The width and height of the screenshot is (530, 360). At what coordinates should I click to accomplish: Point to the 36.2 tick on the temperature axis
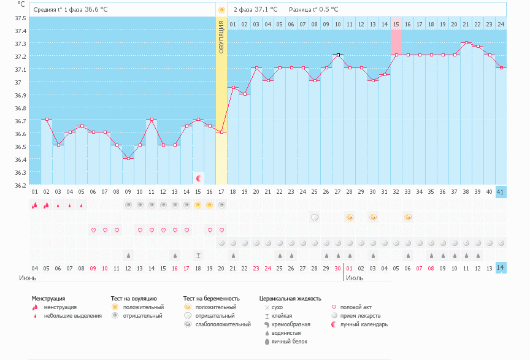[21, 185]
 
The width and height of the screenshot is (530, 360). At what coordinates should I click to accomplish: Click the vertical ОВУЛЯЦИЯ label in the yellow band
[221, 36]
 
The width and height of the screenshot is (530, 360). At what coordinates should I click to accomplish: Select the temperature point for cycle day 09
[128, 158]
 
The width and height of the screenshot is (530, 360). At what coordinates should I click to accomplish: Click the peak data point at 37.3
[466, 42]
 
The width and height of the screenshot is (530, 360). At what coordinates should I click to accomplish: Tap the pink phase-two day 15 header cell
[396, 24]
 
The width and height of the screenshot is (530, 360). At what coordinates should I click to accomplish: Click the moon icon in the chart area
[199, 178]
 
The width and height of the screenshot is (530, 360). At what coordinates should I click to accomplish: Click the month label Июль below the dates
[354, 278]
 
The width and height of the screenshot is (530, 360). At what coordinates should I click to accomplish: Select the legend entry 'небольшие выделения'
[73, 316]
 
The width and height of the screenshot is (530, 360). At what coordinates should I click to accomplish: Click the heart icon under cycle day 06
[93, 230]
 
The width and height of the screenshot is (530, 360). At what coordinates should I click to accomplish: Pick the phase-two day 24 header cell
[501, 24]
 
